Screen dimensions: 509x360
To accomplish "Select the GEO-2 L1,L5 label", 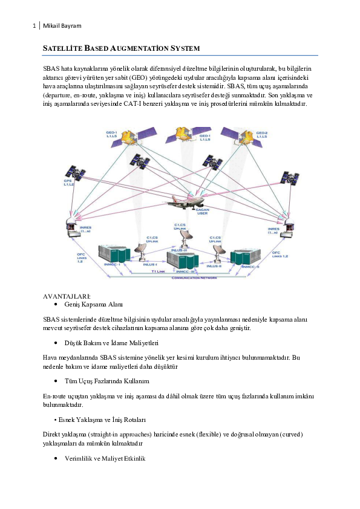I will coord(262,135).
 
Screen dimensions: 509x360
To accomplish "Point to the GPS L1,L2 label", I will coord(68,182).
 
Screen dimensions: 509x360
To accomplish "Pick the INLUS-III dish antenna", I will coord(180,237).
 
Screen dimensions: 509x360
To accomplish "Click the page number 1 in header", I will coord(34,25).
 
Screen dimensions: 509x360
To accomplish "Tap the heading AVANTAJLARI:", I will coord(67,296).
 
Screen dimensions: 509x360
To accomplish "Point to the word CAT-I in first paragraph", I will coord(169,103).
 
